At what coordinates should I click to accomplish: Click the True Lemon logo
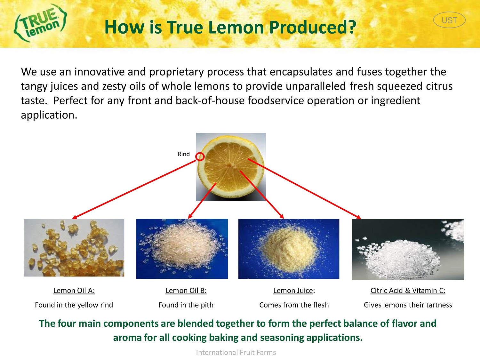coord(40,23)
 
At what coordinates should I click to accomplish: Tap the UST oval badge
coord(449,20)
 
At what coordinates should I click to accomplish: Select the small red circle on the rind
coord(200,156)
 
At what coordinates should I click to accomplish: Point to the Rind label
coord(184,154)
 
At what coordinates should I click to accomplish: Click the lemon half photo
coord(231,167)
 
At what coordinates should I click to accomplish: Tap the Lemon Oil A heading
coord(74,291)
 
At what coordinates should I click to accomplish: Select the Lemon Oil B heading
coord(186,291)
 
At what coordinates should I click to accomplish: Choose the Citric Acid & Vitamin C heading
coord(408,291)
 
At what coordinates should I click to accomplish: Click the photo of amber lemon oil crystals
coord(74,248)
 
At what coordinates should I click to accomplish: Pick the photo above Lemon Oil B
coord(182,249)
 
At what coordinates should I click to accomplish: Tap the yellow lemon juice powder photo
coord(288,249)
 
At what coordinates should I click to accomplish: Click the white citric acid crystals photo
coord(408,249)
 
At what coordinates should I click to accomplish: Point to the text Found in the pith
coord(186,305)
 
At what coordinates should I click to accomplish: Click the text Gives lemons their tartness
coord(408,305)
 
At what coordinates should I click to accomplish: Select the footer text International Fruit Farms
coord(236,352)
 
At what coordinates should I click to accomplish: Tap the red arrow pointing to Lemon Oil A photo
coord(134,189)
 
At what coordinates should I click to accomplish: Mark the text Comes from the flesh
coord(294,305)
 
